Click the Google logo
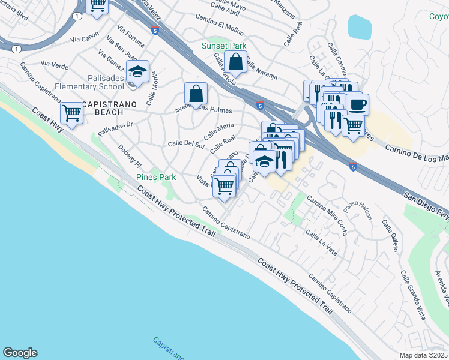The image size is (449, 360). [20, 353]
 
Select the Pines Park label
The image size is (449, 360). [155, 177]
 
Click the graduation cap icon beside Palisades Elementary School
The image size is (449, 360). [138, 72]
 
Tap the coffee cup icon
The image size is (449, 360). [358, 104]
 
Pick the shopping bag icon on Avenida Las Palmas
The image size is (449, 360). [196, 94]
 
